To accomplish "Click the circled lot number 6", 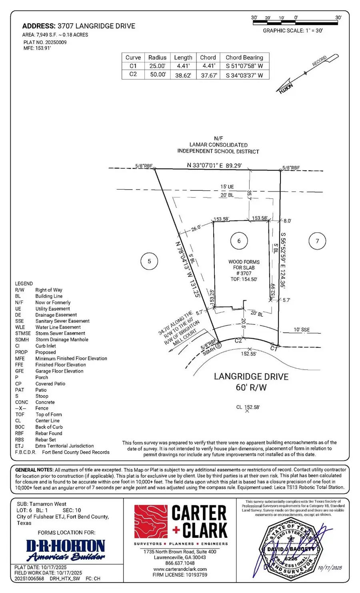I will point(239,241).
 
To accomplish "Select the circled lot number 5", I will point(149,262).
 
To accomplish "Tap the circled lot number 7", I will point(317,241).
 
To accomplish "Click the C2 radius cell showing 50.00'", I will point(157,74).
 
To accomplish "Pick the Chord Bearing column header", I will point(244,58).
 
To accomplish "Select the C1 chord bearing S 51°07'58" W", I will point(244,66).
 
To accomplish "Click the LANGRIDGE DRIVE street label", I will point(251,377).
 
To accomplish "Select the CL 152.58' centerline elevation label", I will point(248,407).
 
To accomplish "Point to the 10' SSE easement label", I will point(302,330).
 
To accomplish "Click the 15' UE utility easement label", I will point(227,187).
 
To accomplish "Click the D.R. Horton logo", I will point(66,550).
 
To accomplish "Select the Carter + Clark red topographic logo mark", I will point(150,521).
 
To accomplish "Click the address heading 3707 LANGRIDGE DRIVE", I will point(79,26).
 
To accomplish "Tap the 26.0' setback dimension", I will point(196,228).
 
